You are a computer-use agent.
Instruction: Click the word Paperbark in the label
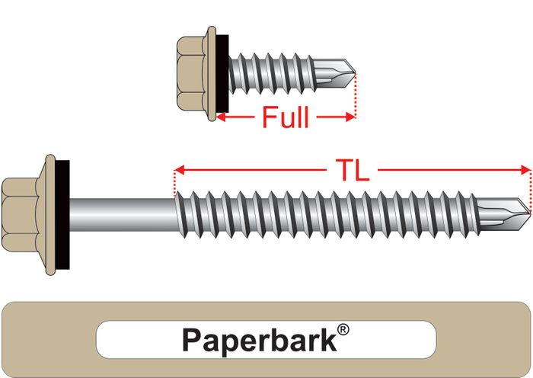tap(258, 340)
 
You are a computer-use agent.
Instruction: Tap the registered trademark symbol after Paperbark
tap(343, 330)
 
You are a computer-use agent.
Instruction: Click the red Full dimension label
tap(286, 118)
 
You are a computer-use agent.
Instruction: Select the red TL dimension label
tap(352, 170)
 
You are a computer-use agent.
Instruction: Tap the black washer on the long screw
tap(63, 206)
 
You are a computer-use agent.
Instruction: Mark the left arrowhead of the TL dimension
tap(180, 169)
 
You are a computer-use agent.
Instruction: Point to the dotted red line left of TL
tap(175, 183)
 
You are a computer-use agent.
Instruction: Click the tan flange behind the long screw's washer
tap(52, 206)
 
